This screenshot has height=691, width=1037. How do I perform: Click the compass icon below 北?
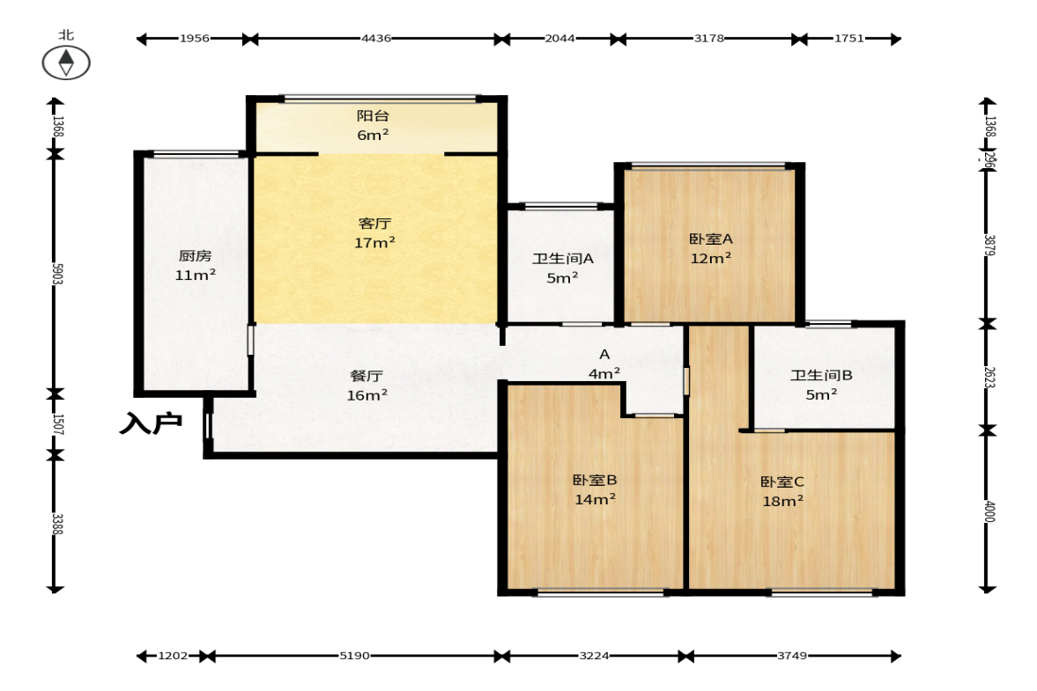pyautogui.click(x=66, y=63)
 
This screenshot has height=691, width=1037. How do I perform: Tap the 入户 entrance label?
pyautogui.click(x=151, y=423)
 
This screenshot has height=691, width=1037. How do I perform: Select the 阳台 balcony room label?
pyautogui.click(x=373, y=115)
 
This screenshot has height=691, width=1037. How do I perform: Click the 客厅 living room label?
pyautogui.click(x=374, y=224)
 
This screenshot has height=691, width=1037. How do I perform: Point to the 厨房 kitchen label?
pyautogui.click(x=195, y=255)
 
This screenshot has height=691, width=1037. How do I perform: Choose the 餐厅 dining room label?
pyautogui.click(x=367, y=376)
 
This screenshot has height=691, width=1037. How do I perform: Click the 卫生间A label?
pyautogui.click(x=563, y=258)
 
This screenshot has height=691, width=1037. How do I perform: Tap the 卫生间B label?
pyautogui.click(x=821, y=375)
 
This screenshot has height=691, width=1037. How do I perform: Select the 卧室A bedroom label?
pyautogui.click(x=711, y=239)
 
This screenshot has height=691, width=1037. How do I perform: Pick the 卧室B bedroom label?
pyautogui.click(x=596, y=480)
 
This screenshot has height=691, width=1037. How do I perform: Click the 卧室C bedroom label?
pyautogui.click(x=782, y=481)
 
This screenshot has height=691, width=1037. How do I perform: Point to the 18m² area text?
pyautogui.click(x=783, y=502)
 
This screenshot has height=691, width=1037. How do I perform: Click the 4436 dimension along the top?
pyautogui.click(x=376, y=39)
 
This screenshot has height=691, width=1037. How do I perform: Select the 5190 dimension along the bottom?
pyautogui.click(x=354, y=656)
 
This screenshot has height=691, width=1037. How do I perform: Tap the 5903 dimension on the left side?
pyautogui.click(x=57, y=274)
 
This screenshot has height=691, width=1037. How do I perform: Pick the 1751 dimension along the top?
pyautogui.click(x=849, y=39)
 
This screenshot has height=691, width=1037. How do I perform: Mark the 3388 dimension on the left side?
pyautogui.click(x=57, y=524)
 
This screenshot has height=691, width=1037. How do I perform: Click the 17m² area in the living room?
pyautogui.click(x=375, y=243)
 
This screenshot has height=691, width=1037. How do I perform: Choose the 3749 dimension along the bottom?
pyautogui.click(x=792, y=656)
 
